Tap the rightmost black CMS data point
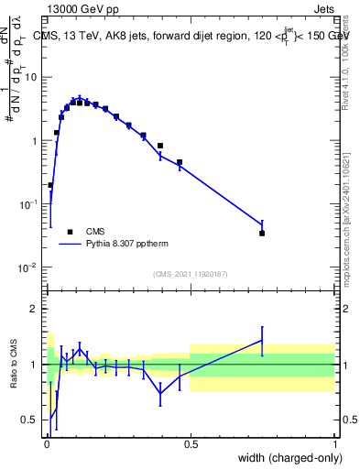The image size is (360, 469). click(x=262, y=234)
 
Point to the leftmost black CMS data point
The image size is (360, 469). click(x=49, y=185)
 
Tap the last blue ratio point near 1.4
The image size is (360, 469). click(x=262, y=340)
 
